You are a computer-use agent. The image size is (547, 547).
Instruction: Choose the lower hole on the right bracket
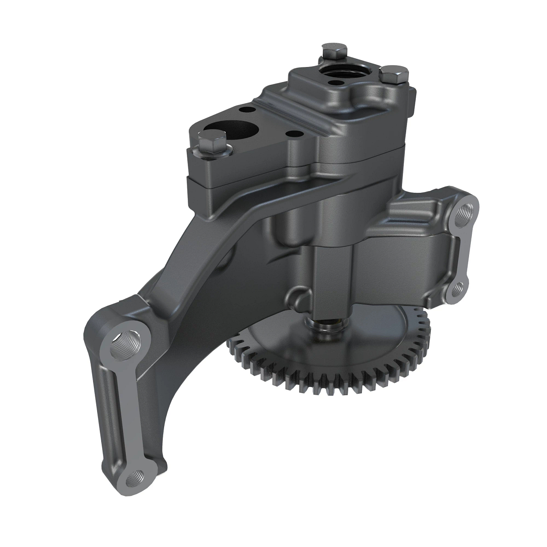pos(459,288)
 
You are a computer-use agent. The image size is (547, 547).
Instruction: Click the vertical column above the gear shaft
pos(332,283)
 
